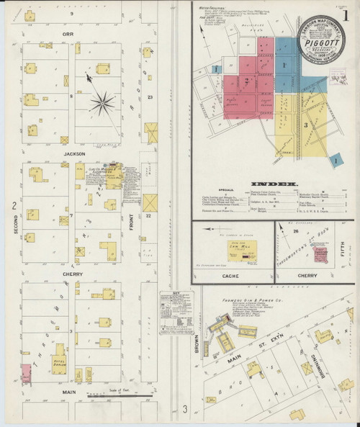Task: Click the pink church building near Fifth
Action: [327, 246]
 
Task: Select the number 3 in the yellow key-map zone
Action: [305, 125]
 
